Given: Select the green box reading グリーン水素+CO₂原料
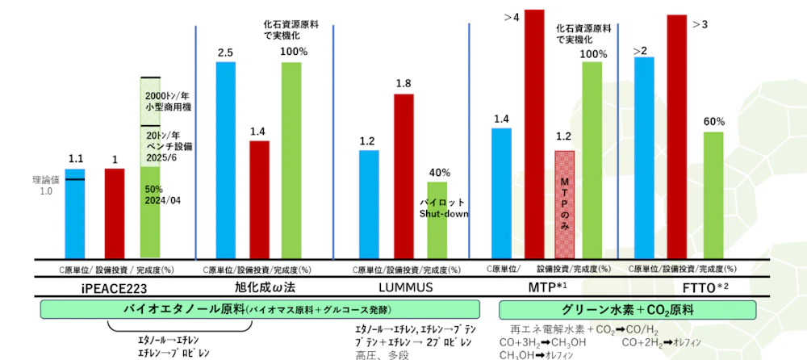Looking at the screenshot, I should coord(627,309).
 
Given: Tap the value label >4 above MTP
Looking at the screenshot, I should coord(512,15).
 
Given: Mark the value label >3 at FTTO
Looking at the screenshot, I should coord(700,24).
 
